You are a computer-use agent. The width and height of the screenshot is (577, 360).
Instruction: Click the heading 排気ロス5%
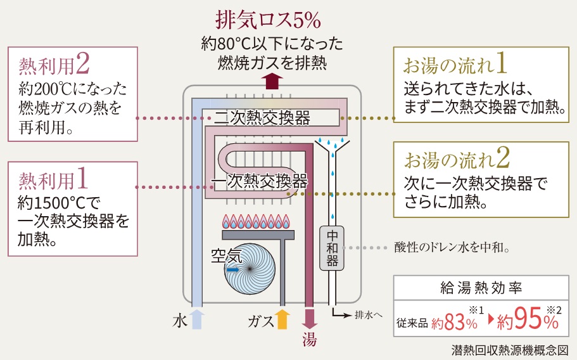tap(269, 21)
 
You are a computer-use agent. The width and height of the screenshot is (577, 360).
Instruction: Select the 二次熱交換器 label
tap(262, 118)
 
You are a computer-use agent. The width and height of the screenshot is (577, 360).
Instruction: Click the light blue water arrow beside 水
tap(196, 319)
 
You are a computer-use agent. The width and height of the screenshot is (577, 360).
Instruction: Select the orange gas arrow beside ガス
tap(282, 319)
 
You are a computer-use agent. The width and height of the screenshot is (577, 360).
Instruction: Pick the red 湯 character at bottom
tap(308, 338)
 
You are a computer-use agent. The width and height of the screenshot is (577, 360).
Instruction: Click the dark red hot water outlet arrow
tap(309, 317)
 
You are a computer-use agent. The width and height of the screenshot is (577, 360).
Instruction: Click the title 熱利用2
tap(54, 65)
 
